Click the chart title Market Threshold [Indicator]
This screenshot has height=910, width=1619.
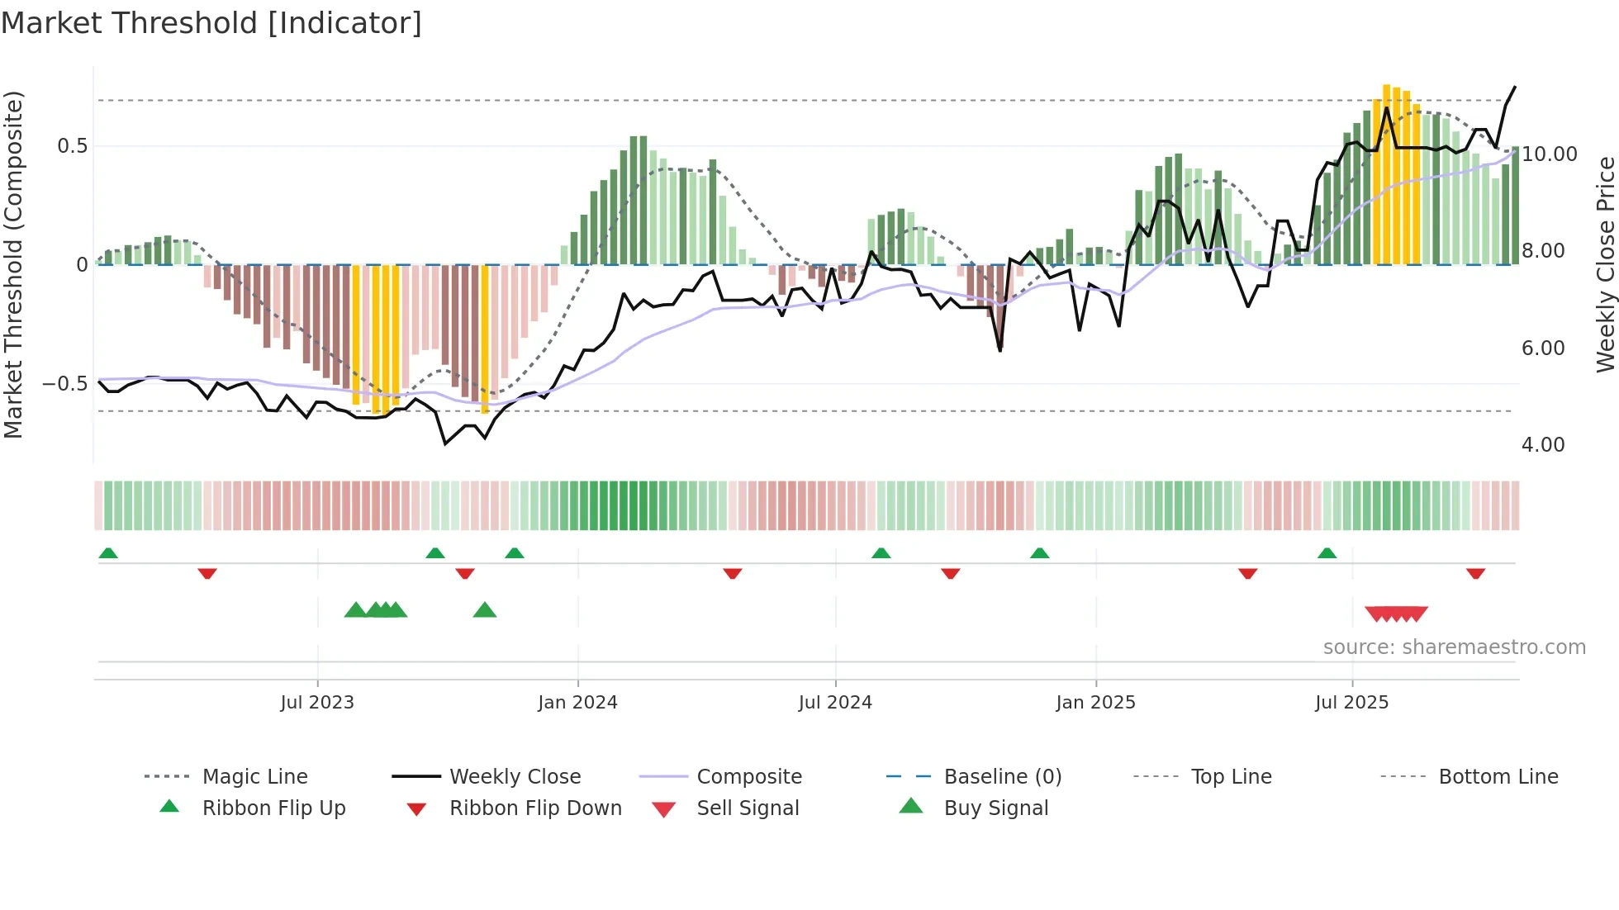point(211,23)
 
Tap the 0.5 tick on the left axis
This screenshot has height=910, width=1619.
point(72,146)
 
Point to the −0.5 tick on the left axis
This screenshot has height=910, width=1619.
point(64,384)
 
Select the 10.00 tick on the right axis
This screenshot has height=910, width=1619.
point(1549,154)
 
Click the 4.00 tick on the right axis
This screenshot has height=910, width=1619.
point(1542,445)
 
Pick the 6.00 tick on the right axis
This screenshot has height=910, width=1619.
point(1542,348)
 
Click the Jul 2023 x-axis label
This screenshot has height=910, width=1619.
point(317,703)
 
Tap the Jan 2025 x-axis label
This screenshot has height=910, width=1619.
point(1095,703)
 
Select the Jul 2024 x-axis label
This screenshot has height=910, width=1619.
point(835,703)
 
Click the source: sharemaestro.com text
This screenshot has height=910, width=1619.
point(1454,647)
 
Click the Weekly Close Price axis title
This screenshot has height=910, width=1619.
point(1605,264)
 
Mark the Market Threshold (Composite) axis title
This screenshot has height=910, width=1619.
point(13,264)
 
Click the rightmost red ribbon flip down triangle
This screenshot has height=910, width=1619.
point(1475,573)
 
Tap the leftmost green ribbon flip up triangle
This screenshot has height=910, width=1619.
point(108,553)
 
